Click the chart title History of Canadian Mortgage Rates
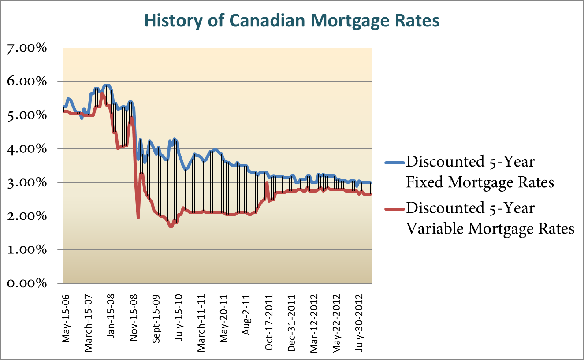point(292,21)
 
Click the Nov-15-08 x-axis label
point(134,313)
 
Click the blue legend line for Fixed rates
point(394,162)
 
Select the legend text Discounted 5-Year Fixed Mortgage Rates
point(480,172)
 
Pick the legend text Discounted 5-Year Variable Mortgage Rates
point(489,218)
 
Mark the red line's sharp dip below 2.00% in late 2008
point(138,218)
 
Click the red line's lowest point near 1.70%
point(171,226)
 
